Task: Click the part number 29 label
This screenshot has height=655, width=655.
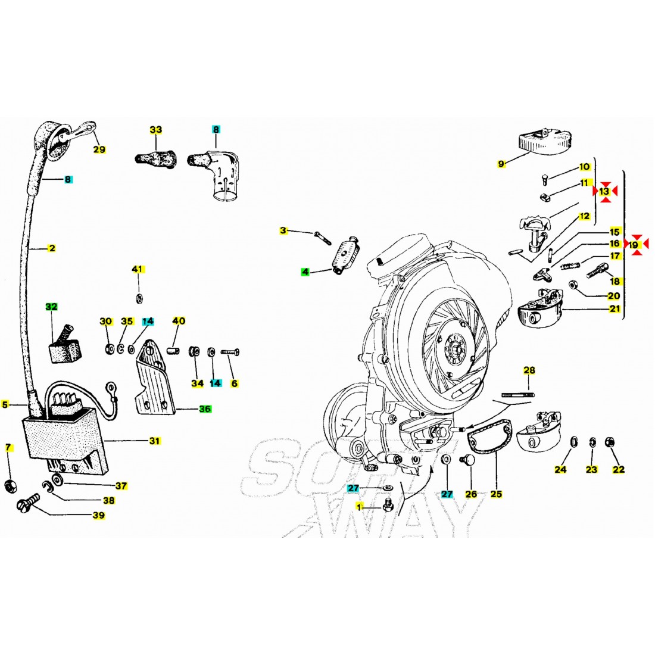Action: [x=99, y=149]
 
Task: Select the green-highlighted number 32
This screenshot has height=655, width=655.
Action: [x=52, y=307]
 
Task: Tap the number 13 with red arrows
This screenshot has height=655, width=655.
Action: [x=604, y=191]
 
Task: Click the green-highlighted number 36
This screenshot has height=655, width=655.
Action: [x=204, y=409]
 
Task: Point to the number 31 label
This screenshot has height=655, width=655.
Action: [x=155, y=441]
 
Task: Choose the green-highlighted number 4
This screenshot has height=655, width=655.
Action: [x=305, y=272]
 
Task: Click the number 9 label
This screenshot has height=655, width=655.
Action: [x=501, y=163]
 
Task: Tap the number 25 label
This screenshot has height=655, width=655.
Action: [x=496, y=494]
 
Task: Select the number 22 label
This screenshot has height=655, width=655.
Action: [x=619, y=469]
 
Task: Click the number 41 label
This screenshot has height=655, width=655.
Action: [x=138, y=270]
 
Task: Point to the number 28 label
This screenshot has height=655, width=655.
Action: [x=529, y=370]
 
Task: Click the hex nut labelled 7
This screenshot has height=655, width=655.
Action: [x=10, y=486]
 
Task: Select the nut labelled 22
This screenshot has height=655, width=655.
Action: [x=610, y=442]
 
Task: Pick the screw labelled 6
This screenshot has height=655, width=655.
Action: [x=230, y=353]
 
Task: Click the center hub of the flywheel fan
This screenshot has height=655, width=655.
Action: [x=456, y=346]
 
